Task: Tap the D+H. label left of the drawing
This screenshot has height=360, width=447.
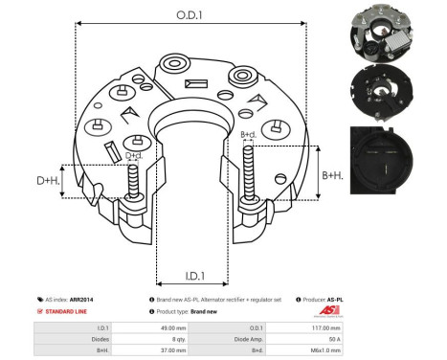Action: [x=49, y=181]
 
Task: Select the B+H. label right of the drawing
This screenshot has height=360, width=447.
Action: [x=332, y=175]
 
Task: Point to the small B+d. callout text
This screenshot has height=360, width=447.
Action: [x=248, y=135]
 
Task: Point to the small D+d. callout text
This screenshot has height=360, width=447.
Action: [x=135, y=155]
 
